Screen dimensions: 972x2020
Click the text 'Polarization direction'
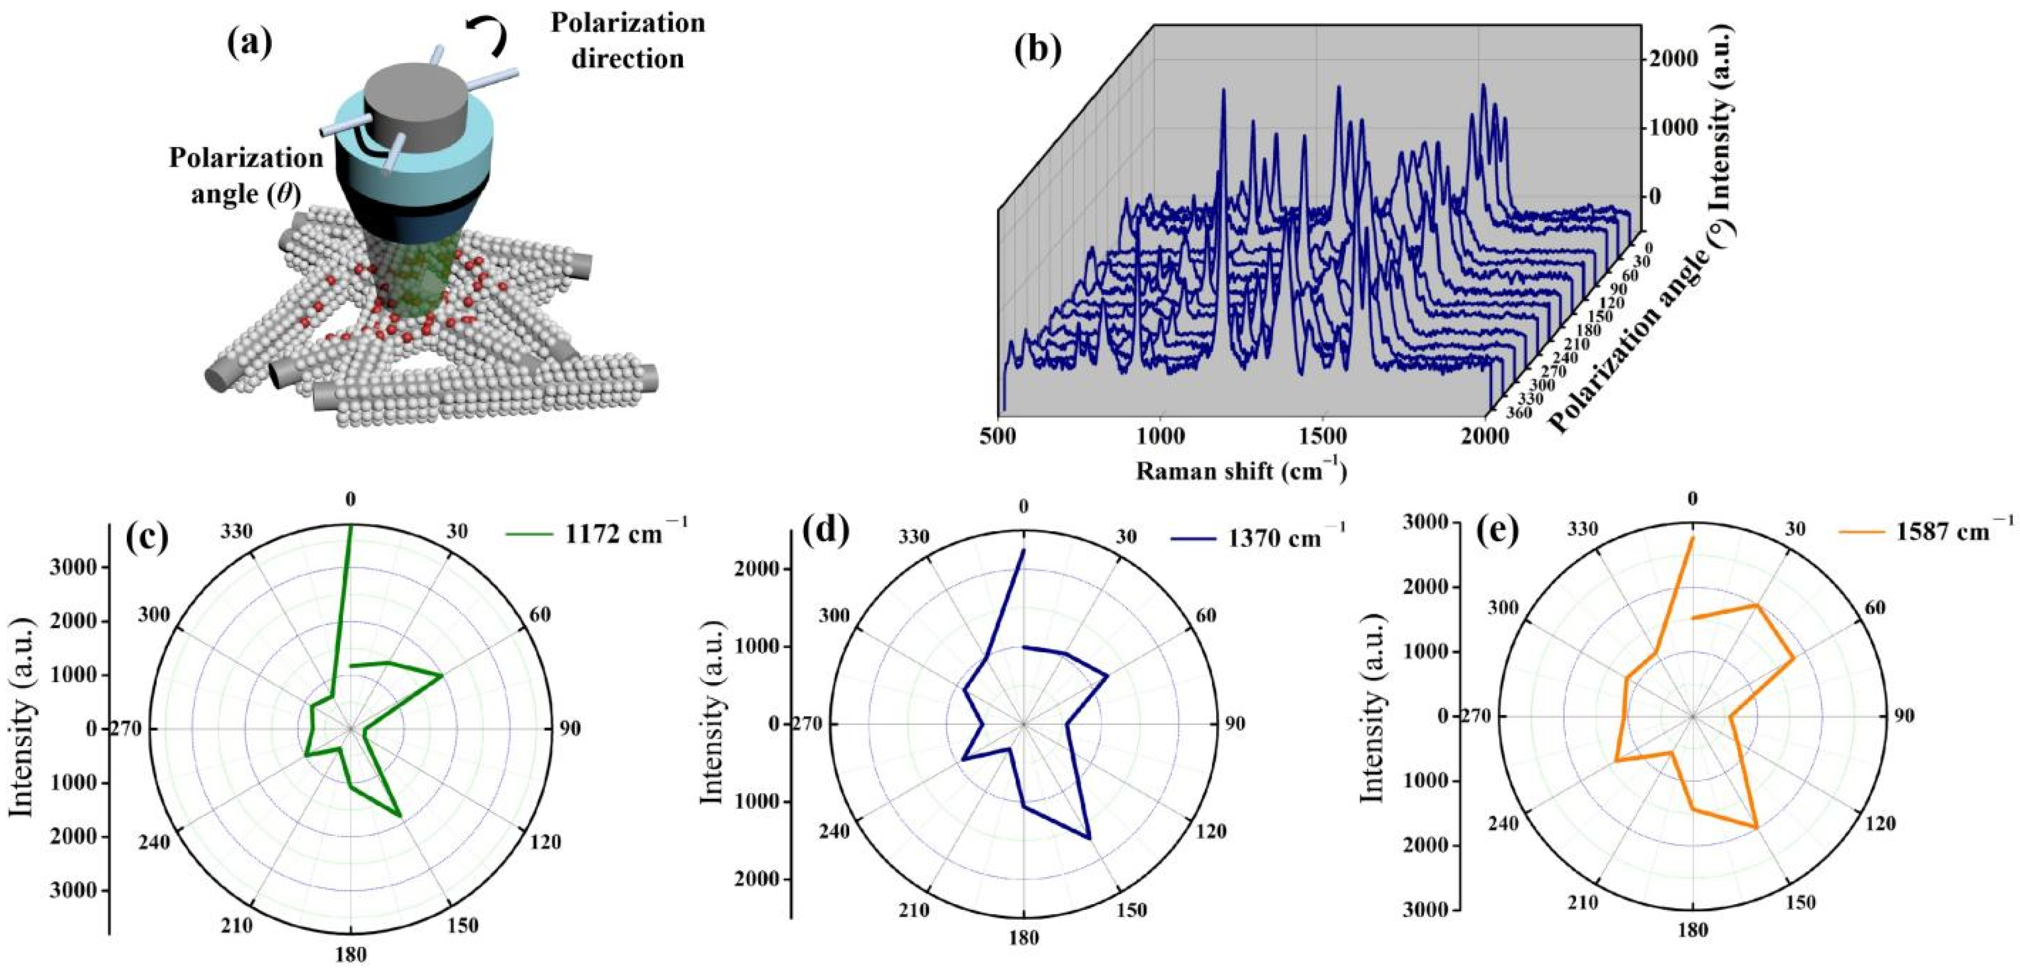627,40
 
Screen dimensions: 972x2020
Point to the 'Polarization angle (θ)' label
246,175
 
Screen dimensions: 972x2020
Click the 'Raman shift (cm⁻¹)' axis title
1241,470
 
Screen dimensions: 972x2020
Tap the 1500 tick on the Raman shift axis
1322,436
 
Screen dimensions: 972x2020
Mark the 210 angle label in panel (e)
1582,903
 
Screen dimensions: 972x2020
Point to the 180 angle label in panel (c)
350,955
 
